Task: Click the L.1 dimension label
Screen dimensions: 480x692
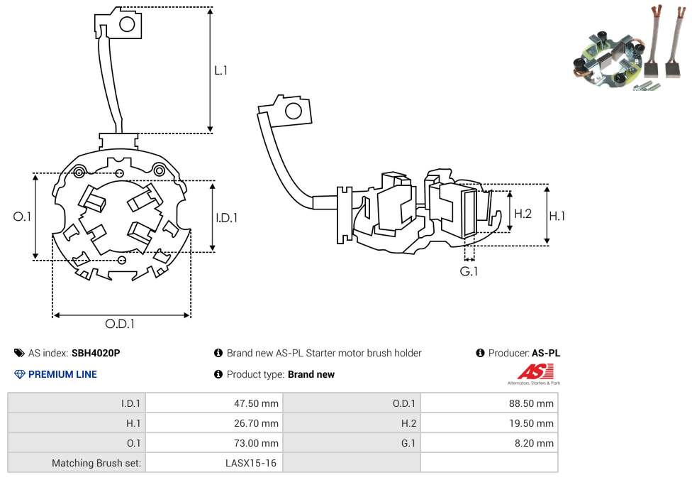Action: [221, 70]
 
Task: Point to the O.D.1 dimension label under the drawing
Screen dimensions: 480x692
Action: [120, 324]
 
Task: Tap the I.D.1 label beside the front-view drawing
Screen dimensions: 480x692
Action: [226, 218]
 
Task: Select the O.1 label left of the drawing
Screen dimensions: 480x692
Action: [22, 217]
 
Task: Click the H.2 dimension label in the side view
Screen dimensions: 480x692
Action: [523, 214]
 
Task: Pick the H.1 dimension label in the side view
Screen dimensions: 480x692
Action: [557, 216]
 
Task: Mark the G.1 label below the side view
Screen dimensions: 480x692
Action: [469, 272]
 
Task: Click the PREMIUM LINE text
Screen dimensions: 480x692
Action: [62, 374]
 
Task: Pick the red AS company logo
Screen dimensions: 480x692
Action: [535, 371]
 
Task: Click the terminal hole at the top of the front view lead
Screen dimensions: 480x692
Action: [128, 25]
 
